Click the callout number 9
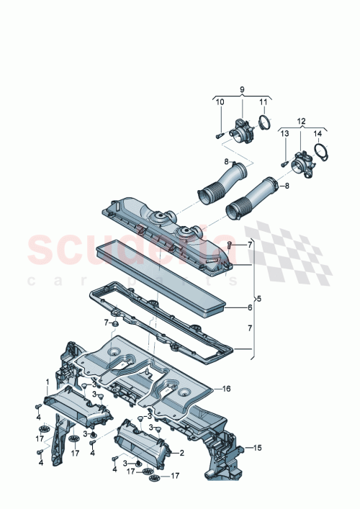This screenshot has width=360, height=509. [242, 89]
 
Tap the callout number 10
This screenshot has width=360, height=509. [220, 102]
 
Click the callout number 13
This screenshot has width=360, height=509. [284, 133]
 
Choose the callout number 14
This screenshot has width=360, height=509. [318, 133]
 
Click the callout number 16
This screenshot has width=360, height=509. [226, 389]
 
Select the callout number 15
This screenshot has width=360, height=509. [258, 448]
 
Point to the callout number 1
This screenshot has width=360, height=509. [48, 382]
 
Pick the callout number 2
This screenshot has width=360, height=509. [181, 453]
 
